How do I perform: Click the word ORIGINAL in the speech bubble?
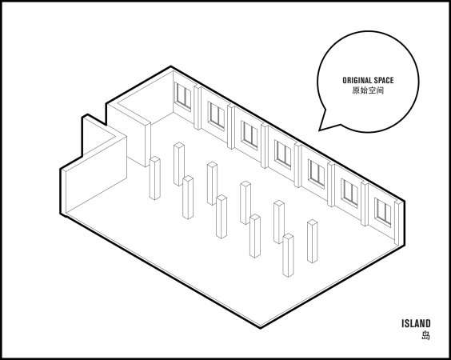pyautogui.click(x=357, y=80)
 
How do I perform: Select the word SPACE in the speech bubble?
pyautogui.click(x=384, y=80)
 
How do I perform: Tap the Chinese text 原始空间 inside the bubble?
pyautogui.click(x=368, y=90)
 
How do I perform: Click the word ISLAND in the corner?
pyautogui.click(x=416, y=323)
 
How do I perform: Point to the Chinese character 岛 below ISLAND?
pyautogui.click(x=426, y=335)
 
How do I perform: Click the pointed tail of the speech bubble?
pyautogui.click(x=319, y=130)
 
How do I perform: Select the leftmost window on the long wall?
pyautogui.click(x=183, y=96)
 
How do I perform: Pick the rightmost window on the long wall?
pyautogui.click(x=383, y=212)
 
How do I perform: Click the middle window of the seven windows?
pyautogui.click(x=283, y=154)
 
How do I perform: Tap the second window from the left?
pyautogui.click(x=216, y=115)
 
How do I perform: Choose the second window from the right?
pyautogui.click(x=350, y=193)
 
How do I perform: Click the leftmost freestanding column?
pyautogui.click(x=155, y=178)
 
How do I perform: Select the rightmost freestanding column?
pyautogui.click(x=313, y=242)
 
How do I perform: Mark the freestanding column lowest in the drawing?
pyautogui.click(x=288, y=255)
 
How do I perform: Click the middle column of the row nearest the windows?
pyautogui.click(x=245, y=203)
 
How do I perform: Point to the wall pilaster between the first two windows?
pyautogui.click(x=198, y=108)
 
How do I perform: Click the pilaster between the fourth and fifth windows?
pyautogui.click(x=297, y=166)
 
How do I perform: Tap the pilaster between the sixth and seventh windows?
pyautogui.click(x=365, y=204)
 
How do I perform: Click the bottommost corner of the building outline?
pyautogui.click(x=261, y=328)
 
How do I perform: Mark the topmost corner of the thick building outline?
pyautogui.click(x=171, y=66)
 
